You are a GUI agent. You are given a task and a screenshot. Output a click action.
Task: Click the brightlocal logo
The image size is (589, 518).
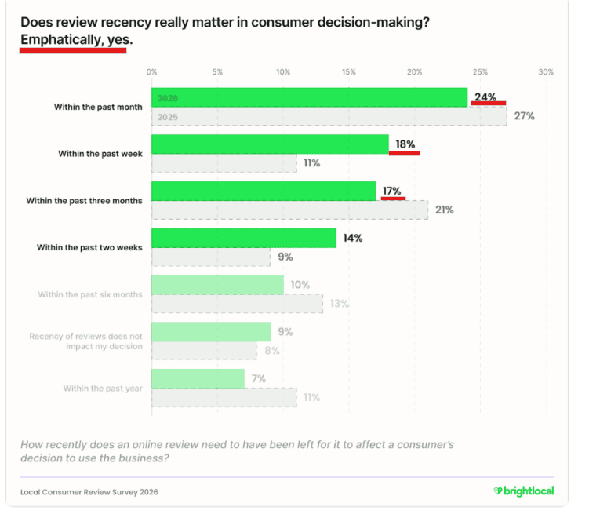tap(524, 491)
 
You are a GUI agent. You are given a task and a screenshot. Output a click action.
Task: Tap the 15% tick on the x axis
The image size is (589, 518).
tap(348, 71)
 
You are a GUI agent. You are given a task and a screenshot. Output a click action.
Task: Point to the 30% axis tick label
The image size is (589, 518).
tap(546, 71)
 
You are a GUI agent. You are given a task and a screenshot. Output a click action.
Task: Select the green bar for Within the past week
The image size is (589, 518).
tap(270, 144)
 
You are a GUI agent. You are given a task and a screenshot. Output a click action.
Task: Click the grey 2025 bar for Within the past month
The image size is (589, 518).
tap(329, 116)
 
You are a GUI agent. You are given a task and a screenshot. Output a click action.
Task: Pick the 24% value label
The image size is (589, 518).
tap(485, 97)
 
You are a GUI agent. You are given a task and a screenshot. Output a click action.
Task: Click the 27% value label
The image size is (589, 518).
tap(525, 116)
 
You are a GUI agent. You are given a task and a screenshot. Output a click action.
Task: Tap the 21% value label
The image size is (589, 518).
tap(445, 210)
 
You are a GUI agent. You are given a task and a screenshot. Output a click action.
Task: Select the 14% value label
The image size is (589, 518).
tap(353, 238)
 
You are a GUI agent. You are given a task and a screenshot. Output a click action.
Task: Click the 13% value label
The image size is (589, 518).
tap(340, 304)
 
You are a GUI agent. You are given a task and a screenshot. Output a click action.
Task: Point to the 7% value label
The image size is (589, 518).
tap(259, 378)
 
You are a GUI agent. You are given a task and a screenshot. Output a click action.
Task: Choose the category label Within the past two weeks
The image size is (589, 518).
tap(89, 247)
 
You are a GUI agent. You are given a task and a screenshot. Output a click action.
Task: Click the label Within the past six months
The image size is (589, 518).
tap(90, 294)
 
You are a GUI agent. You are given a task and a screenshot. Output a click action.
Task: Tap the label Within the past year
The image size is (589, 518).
tap(103, 388)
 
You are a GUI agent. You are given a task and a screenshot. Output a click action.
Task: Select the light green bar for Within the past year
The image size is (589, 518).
tap(198, 378)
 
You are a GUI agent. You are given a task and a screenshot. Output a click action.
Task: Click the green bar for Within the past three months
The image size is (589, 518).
tap(264, 191)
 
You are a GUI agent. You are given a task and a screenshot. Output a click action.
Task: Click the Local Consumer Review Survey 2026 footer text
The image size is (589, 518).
tap(89, 492)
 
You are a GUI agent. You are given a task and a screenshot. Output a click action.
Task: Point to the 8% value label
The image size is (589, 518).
tap(272, 351)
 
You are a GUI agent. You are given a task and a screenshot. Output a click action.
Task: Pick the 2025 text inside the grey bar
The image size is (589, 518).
tap(168, 117)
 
